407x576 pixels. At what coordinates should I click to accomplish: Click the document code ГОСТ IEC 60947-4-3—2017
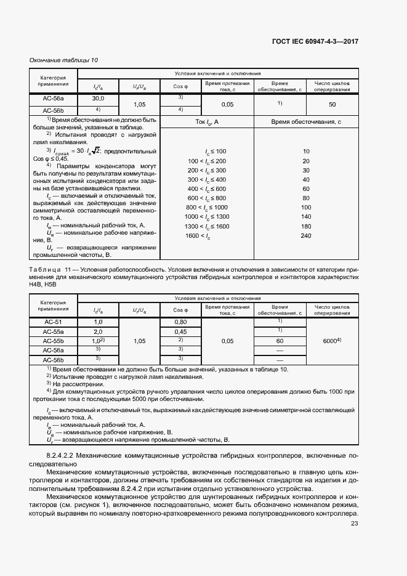pyautogui.click(x=315, y=42)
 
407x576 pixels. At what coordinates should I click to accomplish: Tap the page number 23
pyautogui.click(x=354, y=524)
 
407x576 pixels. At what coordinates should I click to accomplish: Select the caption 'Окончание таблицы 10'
pyautogui.click(x=63, y=60)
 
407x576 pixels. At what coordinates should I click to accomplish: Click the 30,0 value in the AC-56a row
pyautogui.click(x=99, y=99)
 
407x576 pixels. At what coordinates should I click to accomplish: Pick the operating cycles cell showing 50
pyautogui.click(x=332, y=104)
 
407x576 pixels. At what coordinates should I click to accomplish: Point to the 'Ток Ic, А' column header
pyautogui.click(x=207, y=122)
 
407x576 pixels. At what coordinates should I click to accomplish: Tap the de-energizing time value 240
pyautogui.click(x=306, y=236)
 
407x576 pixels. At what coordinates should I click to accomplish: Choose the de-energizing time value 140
pyautogui.click(x=306, y=217)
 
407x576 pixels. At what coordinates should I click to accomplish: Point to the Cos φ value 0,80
pyautogui.click(x=180, y=322)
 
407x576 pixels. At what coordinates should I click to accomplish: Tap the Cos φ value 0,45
pyautogui.click(x=180, y=331)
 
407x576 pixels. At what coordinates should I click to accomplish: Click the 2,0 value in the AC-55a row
pyautogui.click(x=98, y=331)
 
